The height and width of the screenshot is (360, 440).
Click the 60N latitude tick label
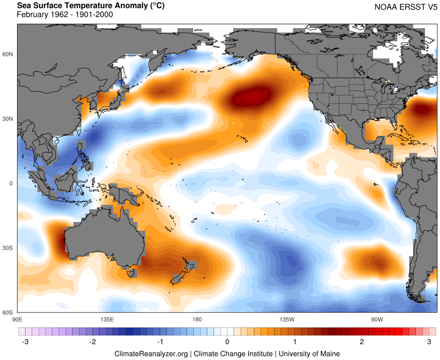pyautogui.click(x=8, y=54)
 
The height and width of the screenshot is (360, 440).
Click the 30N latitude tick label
pyautogui.click(x=8, y=119)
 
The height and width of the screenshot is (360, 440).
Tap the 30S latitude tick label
pyautogui.click(x=8, y=248)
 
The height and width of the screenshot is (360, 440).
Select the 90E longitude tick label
pyautogui.click(x=18, y=319)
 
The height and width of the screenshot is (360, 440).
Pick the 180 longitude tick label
pyautogui.click(x=197, y=319)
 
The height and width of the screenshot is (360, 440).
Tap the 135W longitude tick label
pyautogui.click(x=286, y=319)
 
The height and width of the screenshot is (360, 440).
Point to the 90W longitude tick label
pyautogui.click(x=376, y=319)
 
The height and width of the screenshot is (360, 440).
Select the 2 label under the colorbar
pyautogui.click(x=362, y=342)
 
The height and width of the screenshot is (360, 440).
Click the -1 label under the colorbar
pyautogui.click(x=160, y=342)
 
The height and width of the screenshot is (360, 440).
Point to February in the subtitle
pyautogui.click(x=32, y=15)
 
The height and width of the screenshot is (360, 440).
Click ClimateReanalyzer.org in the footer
pyautogui.click(x=151, y=353)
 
